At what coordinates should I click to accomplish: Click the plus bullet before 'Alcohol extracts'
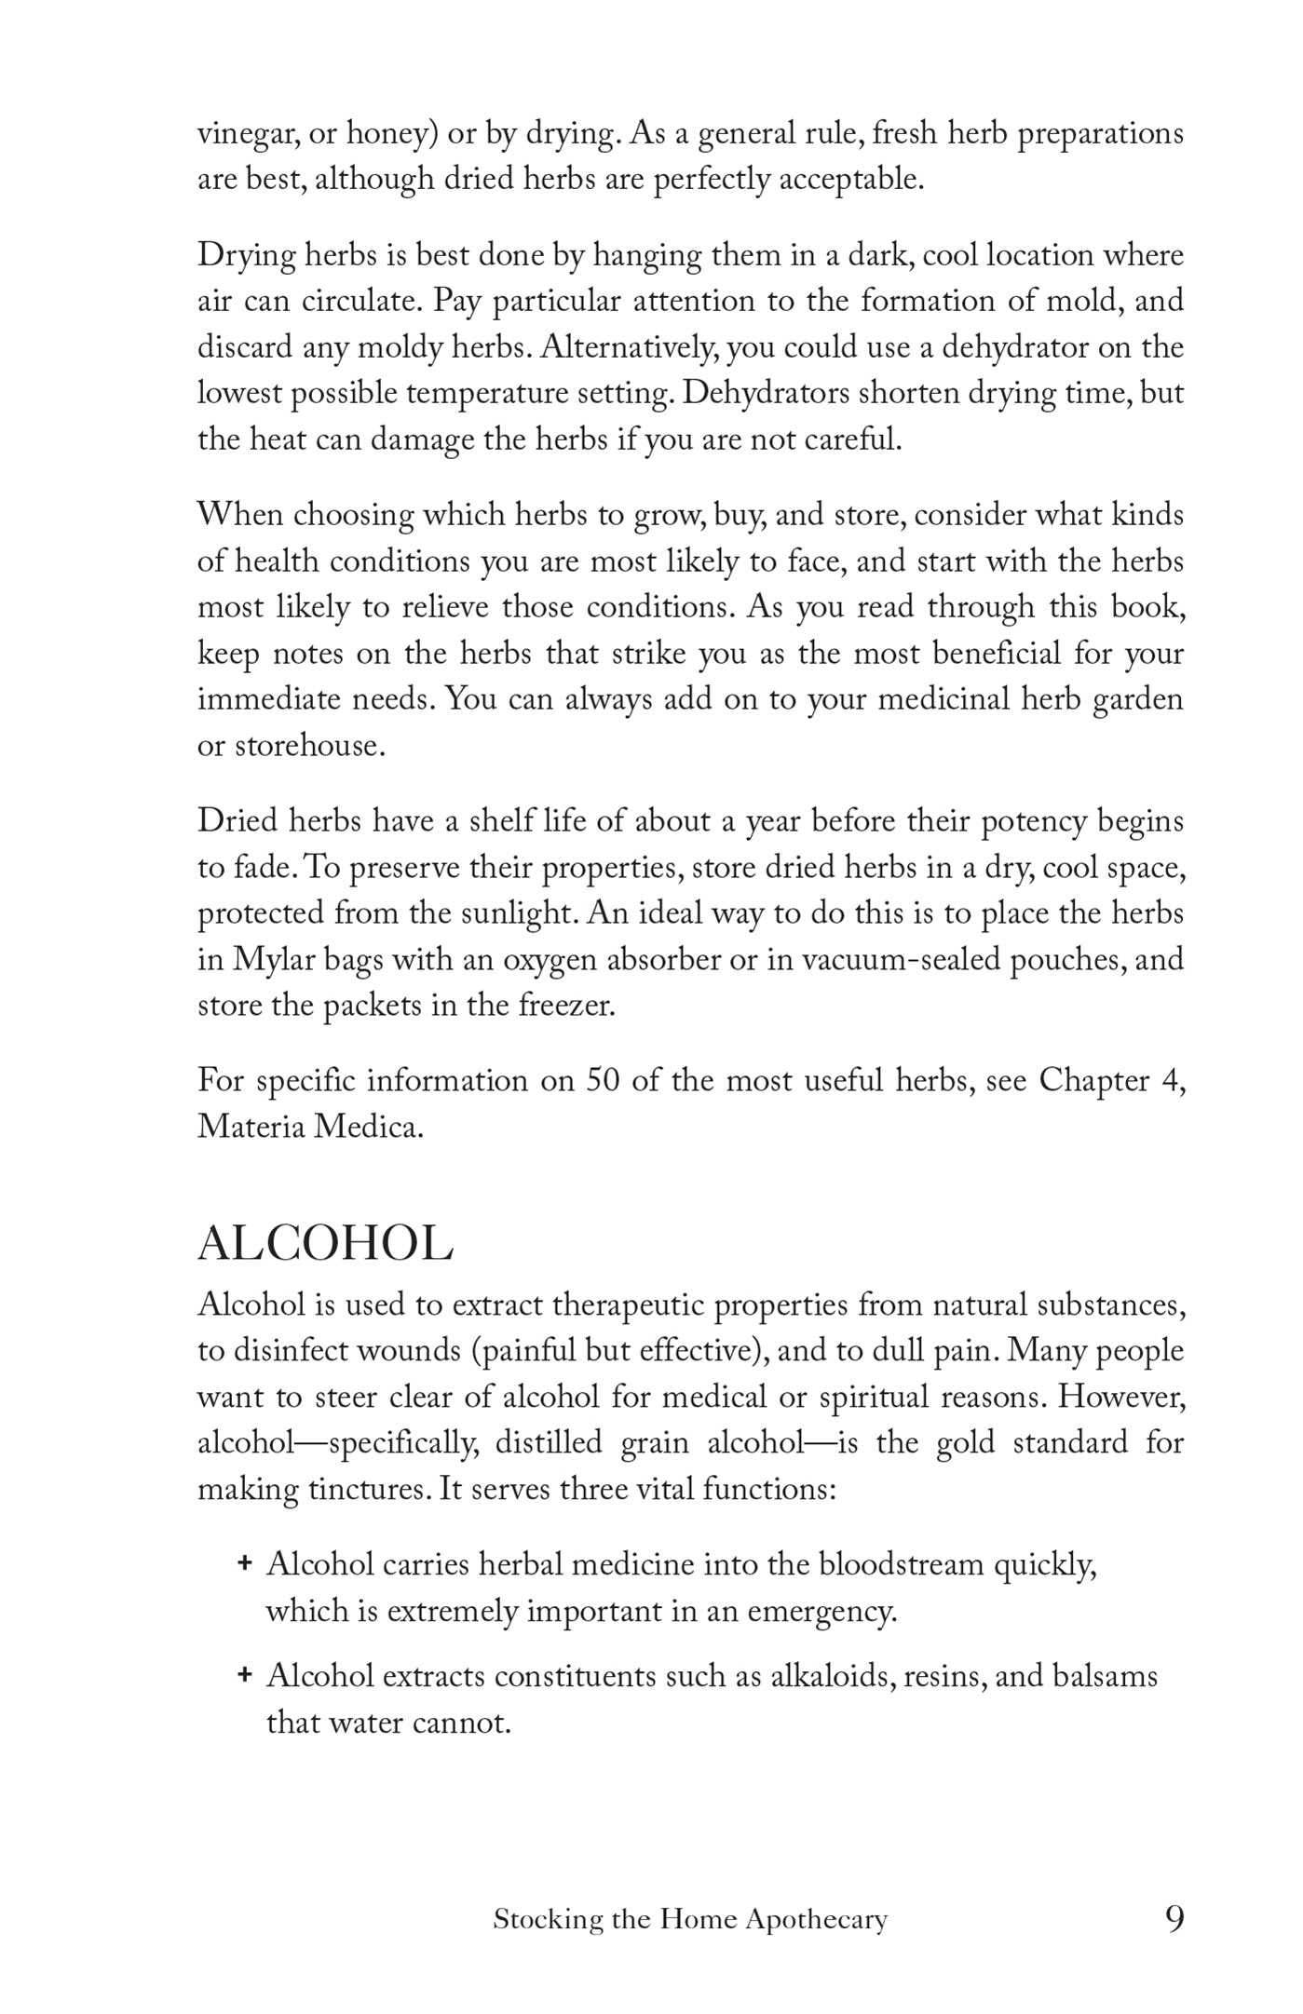point(245,1675)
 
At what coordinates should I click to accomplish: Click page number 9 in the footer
point(1174,1920)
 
